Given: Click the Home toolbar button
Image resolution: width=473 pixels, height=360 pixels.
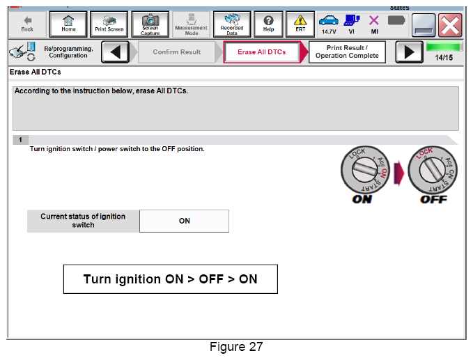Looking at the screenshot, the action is point(68,24).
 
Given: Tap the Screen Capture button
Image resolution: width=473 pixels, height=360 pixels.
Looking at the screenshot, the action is point(150,24).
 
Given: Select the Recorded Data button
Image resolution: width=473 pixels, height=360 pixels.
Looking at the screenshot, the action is point(232,24).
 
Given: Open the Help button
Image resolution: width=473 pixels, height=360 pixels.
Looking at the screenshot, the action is point(268,24).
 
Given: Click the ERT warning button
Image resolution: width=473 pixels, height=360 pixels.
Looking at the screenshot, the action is point(300,24).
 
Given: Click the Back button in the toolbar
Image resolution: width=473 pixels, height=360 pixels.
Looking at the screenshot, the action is point(27,24).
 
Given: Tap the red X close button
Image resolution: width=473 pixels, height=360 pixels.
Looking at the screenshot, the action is point(450,25).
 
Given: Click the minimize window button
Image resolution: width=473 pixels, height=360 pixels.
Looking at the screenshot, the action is point(424,25).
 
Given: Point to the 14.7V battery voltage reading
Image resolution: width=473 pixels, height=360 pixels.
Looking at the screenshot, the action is point(329,31).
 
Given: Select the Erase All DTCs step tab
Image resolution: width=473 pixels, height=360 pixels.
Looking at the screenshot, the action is point(262,52).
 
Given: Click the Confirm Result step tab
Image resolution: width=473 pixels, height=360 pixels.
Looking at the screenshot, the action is point(177,52).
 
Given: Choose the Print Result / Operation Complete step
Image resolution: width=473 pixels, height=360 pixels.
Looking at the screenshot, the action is point(347,52).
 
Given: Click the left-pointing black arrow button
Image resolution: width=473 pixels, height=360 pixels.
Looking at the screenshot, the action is point(115,52).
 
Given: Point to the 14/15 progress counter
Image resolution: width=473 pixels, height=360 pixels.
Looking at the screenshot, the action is point(444,58).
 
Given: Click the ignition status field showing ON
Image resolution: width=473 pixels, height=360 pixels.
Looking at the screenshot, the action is point(184,221).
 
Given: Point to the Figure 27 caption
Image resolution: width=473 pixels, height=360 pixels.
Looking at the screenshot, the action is point(236,347).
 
